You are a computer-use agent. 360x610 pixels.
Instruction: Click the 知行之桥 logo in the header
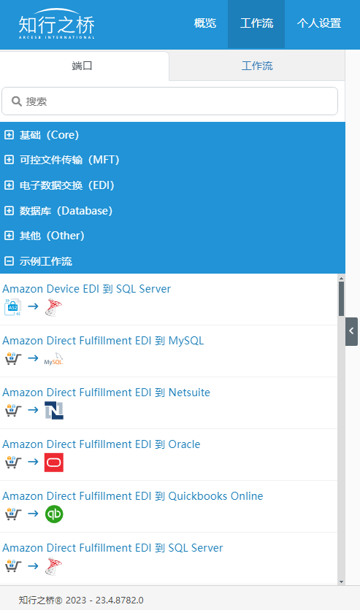57,24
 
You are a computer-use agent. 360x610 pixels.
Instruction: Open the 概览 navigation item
205,23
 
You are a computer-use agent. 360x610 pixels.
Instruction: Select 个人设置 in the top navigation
319,23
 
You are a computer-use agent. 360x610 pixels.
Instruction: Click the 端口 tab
82,66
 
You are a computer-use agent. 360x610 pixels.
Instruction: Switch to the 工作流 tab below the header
257,66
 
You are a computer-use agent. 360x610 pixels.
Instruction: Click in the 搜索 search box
169,101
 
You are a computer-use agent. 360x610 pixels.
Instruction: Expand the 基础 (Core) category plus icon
9,135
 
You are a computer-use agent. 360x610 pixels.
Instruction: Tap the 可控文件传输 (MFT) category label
69,160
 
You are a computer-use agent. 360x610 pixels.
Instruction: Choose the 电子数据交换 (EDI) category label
67,185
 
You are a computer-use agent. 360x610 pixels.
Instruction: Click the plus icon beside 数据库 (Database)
9,211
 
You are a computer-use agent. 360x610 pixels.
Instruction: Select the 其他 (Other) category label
52,236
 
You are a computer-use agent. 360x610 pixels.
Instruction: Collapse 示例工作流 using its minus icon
9,261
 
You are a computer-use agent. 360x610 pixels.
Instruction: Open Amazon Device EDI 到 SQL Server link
86,289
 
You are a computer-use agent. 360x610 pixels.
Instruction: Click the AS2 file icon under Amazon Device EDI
13,307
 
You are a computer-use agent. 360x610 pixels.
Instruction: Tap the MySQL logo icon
54,359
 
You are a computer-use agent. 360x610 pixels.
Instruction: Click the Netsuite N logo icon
54,410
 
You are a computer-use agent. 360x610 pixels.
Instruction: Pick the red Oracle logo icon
54,462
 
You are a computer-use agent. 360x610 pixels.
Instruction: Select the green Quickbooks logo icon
54,514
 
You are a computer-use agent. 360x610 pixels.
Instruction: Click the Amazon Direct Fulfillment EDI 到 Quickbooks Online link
133,496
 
